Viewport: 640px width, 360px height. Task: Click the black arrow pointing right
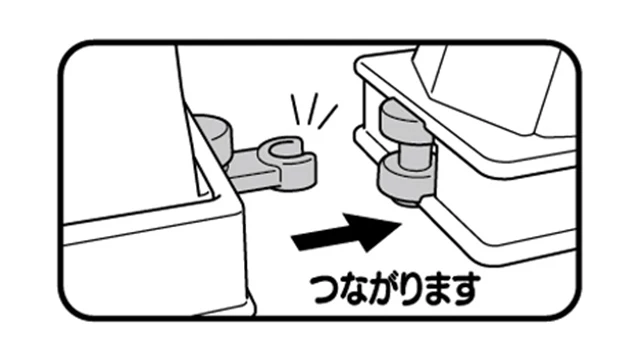[x=347, y=233]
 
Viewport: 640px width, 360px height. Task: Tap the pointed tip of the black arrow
[x=403, y=223]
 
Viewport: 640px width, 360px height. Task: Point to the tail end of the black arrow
[x=295, y=242]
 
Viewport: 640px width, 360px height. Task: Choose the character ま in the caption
[x=435, y=289]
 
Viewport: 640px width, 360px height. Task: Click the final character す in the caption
[x=463, y=289]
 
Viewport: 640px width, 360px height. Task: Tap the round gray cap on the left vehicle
[x=213, y=131]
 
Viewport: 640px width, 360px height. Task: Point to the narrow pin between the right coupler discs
[x=412, y=152]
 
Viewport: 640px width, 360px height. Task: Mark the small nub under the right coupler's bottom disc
[x=407, y=201]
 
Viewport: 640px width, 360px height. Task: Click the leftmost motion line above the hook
[x=295, y=109]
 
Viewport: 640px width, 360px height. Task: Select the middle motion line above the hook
[x=312, y=107]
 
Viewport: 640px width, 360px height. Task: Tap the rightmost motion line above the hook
[x=328, y=117]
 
